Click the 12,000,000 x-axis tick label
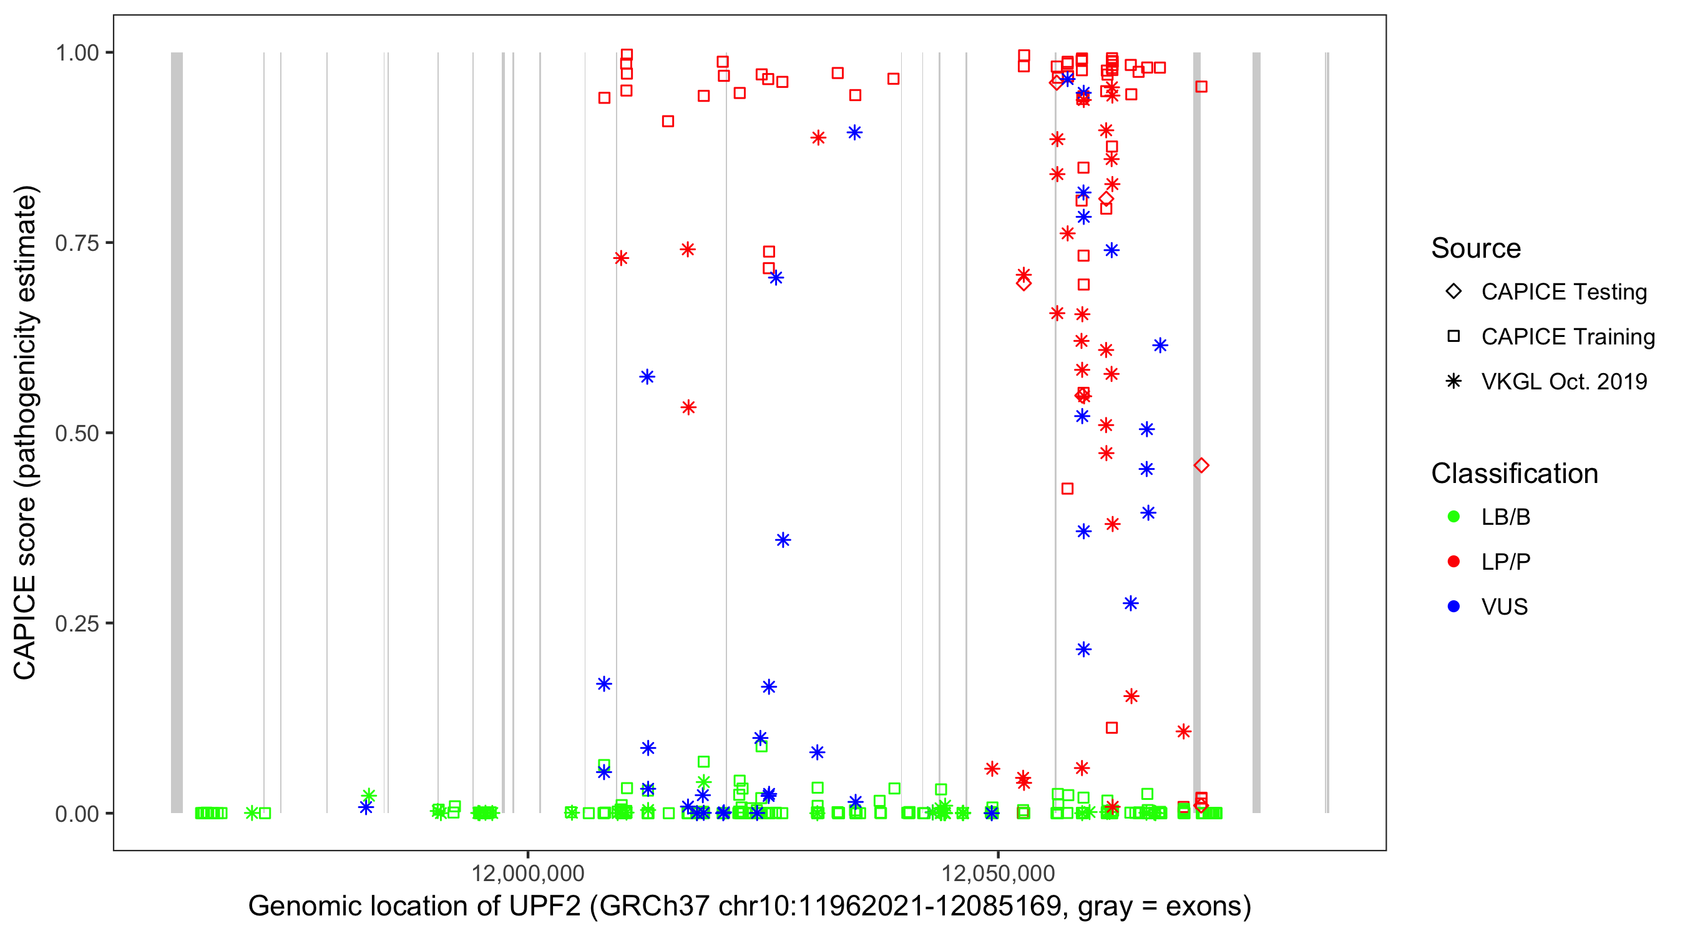[x=527, y=873]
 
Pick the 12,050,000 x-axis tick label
[x=997, y=873]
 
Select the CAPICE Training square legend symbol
[x=1453, y=337]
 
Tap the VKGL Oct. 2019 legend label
[x=1563, y=382]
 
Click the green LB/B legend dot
[x=1453, y=517]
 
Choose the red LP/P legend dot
[x=1453, y=562]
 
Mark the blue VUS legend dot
[x=1453, y=607]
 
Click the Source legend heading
[x=1476, y=248]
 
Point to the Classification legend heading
[x=1514, y=474]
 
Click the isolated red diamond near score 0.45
[x=1201, y=466]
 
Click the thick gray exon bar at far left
[x=177, y=432]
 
